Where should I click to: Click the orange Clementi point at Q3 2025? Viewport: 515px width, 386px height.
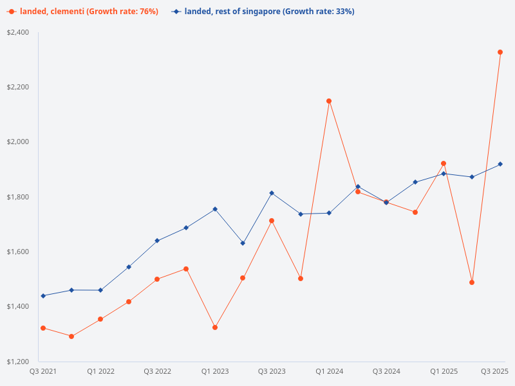[500, 52]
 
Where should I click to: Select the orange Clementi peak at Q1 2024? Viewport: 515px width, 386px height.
[329, 101]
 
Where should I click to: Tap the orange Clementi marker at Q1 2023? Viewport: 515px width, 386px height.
[215, 327]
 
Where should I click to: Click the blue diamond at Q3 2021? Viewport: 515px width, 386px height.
[43, 296]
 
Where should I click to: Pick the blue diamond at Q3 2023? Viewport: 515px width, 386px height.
[272, 193]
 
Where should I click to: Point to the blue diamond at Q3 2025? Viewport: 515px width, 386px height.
[500, 164]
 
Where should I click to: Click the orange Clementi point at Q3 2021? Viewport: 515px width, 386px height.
[43, 328]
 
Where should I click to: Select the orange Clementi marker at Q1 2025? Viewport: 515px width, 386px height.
[444, 163]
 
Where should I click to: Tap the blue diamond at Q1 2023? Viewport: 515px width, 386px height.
[215, 209]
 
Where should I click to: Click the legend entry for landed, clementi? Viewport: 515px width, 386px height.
[84, 12]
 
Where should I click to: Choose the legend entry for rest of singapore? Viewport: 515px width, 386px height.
[264, 12]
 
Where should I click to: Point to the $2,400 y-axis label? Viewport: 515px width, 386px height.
[18, 32]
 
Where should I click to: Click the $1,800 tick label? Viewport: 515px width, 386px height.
[18, 197]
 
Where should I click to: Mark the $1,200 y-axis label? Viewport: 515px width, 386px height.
[18, 362]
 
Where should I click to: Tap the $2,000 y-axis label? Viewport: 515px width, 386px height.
[18, 142]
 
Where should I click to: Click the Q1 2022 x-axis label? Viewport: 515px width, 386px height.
[100, 372]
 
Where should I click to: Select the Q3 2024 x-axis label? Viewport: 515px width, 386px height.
[386, 372]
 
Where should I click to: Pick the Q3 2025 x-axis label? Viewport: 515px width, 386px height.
[494, 372]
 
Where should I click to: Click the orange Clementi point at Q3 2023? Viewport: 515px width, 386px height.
[272, 221]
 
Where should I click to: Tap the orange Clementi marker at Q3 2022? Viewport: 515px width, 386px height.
[157, 279]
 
